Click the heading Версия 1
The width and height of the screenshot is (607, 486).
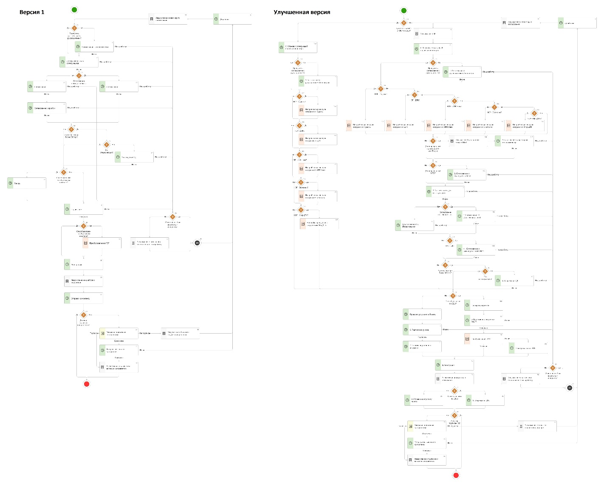[x=32, y=12]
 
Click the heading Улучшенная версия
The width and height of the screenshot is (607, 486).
[x=302, y=12]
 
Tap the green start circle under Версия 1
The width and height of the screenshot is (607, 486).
[x=75, y=10]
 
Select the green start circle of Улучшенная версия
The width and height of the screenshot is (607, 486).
[x=404, y=11]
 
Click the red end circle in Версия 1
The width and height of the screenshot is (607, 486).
[x=87, y=384]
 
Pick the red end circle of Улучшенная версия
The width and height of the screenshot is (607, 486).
[x=456, y=475]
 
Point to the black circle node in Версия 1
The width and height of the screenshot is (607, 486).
[x=197, y=243]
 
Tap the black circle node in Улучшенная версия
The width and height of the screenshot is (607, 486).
[x=570, y=388]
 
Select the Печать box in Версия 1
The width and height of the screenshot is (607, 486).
[x=27, y=183]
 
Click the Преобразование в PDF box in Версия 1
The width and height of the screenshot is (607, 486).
[x=102, y=243]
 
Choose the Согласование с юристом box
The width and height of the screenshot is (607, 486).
[x=47, y=108]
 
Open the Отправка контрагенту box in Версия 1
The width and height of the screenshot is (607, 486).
[x=83, y=298]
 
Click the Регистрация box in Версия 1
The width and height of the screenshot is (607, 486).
[x=83, y=264]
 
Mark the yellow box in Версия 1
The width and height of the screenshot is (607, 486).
[x=119, y=333]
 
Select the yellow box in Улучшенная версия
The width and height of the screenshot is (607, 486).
[x=426, y=426]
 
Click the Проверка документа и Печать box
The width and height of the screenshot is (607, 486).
[x=422, y=315]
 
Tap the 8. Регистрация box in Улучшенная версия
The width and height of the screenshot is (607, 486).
[x=454, y=365]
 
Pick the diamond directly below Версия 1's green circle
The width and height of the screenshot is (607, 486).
[x=74, y=28]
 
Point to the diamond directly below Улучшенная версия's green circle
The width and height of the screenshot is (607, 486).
[x=404, y=23]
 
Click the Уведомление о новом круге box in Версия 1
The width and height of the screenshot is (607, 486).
[x=168, y=19]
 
